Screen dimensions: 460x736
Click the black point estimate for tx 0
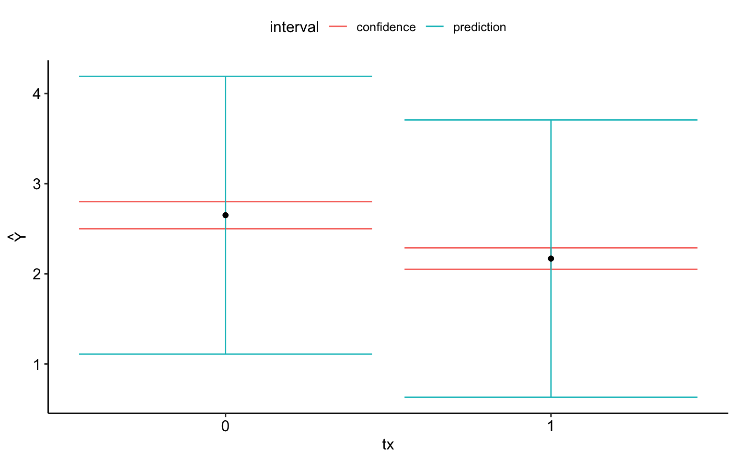pyautogui.click(x=225, y=215)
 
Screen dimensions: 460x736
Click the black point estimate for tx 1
pyautogui.click(x=551, y=259)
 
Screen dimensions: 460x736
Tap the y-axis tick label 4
pyautogui.click(x=36, y=94)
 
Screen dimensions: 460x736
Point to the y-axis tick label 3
pyautogui.click(x=36, y=184)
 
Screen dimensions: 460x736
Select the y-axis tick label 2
pyautogui.click(x=36, y=274)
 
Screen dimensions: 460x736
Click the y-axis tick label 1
pyautogui.click(x=36, y=364)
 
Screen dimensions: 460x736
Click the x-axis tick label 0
pyautogui.click(x=225, y=426)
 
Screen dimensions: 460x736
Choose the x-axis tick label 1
pyautogui.click(x=551, y=426)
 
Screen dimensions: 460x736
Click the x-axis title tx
pyautogui.click(x=388, y=445)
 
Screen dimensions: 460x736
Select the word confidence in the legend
pyautogui.click(x=386, y=27)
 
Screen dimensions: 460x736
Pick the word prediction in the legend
pyautogui.click(x=479, y=27)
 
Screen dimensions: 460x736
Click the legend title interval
pyautogui.click(x=294, y=27)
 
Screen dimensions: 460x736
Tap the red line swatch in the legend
pyautogui.click(x=338, y=27)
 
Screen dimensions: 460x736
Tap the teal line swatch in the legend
pyautogui.click(x=435, y=27)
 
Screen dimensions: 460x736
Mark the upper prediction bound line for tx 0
pyautogui.click(x=144, y=76)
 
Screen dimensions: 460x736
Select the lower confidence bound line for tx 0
pyautogui.click(x=144, y=229)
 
